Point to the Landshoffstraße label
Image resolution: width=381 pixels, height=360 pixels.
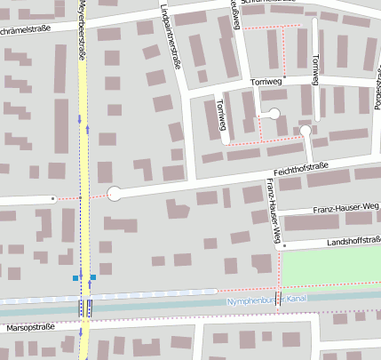point(341,240)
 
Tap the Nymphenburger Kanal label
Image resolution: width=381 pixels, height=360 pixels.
point(266,300)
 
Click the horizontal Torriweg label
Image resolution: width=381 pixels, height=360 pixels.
point(266,83)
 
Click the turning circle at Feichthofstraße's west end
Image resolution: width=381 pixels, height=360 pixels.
point(115,193)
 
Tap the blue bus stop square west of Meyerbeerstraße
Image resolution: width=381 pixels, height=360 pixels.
point(75,278)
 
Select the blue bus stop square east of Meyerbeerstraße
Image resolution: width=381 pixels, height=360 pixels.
point(94,278)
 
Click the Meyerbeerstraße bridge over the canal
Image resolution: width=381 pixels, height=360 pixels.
point(85,307)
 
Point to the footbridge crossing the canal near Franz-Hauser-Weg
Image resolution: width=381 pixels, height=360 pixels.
point(278,300)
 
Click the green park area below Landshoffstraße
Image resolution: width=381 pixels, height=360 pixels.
point(329,266)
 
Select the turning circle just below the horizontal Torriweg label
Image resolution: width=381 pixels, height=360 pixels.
point(274,113)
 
